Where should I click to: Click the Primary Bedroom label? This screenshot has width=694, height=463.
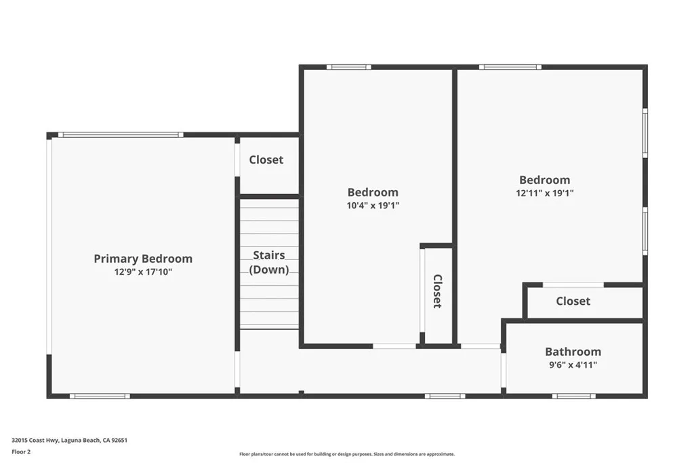pyautogui.click(x=142, y=259)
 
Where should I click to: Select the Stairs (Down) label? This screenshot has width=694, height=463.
pyautogui.click(x=269, y=262)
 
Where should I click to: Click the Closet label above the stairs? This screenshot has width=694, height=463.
pyautogui.click(x=266, y=160)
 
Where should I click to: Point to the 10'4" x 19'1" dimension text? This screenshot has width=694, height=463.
pyautogui.click(x=373, y=205)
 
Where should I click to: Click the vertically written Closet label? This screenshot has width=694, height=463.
pyautogui.click(x=437, y=291)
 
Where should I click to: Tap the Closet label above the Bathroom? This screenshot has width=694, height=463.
pyautogui.click(x=573, y=301)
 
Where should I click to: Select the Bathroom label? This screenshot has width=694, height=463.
pyautogui.click(x=573, y=352)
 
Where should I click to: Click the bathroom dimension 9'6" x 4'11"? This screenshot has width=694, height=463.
pyautogui.click(x=573, y=365)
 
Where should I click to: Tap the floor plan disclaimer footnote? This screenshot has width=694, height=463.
pyautogui.click(x=346, y=454)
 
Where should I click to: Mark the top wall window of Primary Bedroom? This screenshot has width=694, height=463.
pyautogui.click(x=120, y=134)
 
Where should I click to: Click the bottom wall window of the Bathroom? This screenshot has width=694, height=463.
pyautogui.click(x=573, y=396)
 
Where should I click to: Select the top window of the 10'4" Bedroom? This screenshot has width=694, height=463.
pyautogui.click(x=348, y=67)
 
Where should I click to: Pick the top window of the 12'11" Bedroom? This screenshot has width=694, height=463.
pyautogui.click(x=510, y=67)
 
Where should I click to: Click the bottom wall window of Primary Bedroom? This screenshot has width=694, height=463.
pyautogui.click(x=99, y=396)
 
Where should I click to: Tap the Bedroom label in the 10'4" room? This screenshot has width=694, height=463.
pyautogui.click(x=373, y=192)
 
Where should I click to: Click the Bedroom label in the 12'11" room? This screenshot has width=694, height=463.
pyautogui.click(x=544, y=180)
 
